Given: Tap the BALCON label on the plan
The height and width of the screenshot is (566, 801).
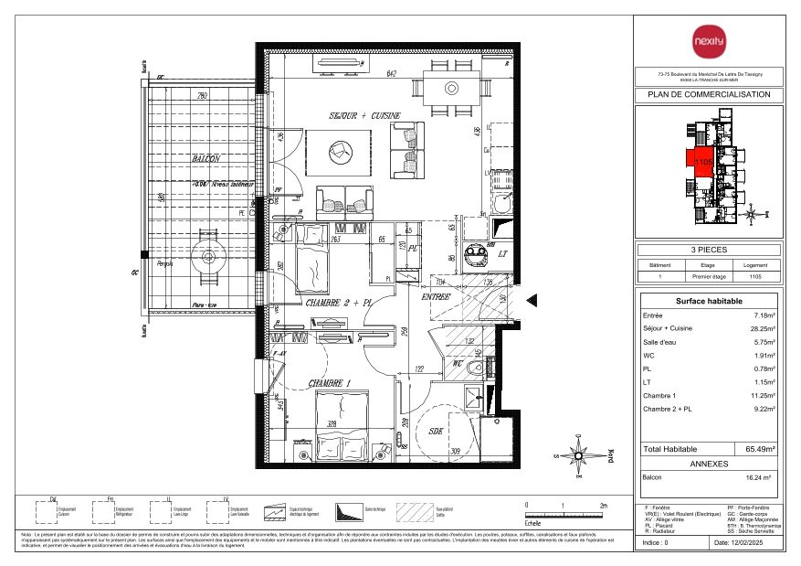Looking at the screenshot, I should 207,158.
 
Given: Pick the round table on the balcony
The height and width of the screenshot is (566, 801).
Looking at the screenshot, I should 208,257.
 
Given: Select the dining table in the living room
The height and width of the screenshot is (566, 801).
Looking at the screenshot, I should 451,88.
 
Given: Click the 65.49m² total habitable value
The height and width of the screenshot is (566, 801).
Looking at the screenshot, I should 760,449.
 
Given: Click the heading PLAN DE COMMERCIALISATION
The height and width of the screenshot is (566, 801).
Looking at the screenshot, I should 709,94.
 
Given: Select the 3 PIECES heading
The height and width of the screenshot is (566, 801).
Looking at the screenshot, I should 709,249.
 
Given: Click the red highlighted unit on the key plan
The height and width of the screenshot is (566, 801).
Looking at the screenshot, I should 700,161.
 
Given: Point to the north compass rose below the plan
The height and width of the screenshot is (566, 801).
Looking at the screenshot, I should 577,454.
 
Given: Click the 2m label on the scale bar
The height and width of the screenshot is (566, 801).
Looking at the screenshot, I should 602,505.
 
